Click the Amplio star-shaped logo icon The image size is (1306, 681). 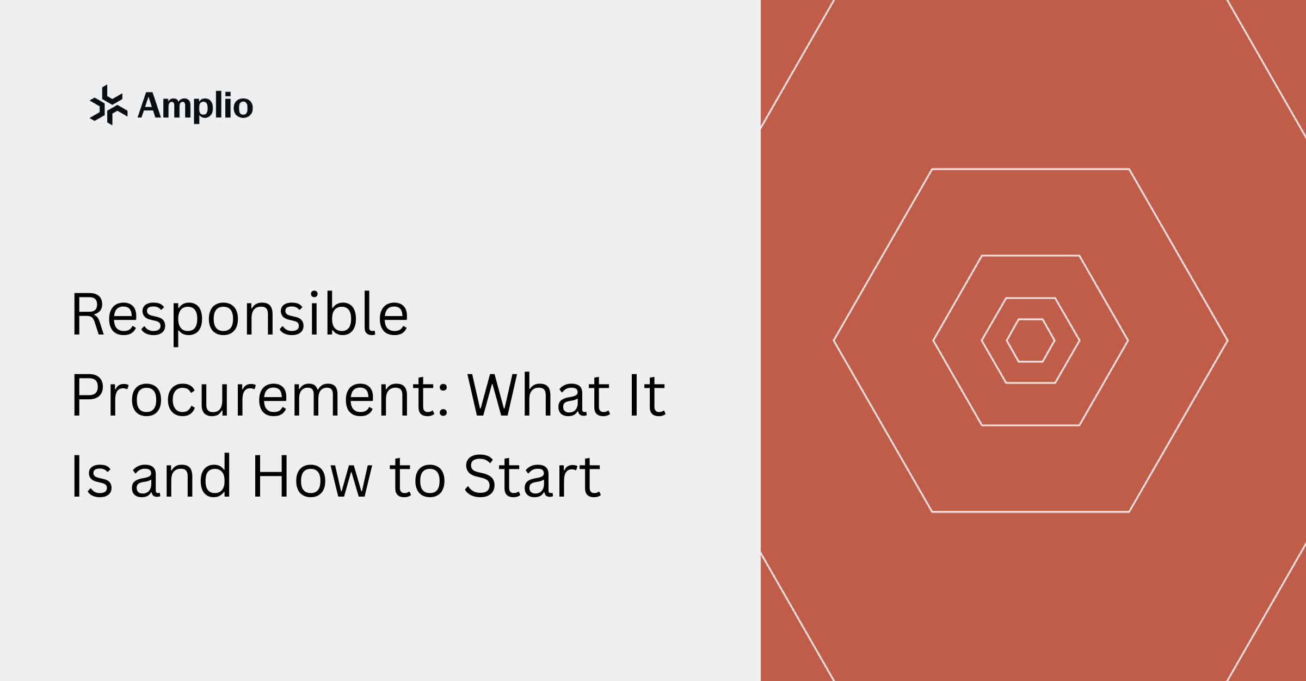109,105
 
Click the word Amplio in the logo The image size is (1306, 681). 195,106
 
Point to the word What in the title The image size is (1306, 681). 539,396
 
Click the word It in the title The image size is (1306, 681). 648,396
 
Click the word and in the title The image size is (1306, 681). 181,476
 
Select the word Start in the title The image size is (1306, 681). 532,476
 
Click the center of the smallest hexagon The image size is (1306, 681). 1031,340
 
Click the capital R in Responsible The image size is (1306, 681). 87,314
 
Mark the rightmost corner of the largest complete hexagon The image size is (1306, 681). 1228,340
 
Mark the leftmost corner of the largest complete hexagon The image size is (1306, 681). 834,340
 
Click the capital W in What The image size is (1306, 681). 493,395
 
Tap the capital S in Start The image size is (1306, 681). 478,476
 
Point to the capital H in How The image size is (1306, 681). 270,476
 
